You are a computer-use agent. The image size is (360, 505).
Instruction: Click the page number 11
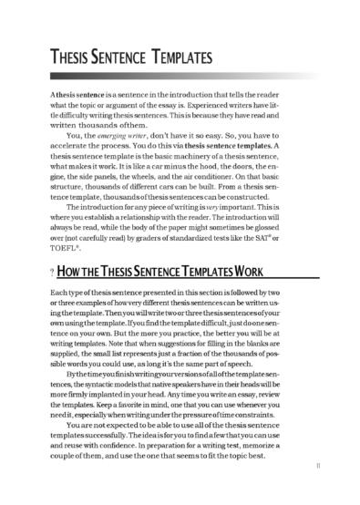pyautogui.click(x=315, y=488)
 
